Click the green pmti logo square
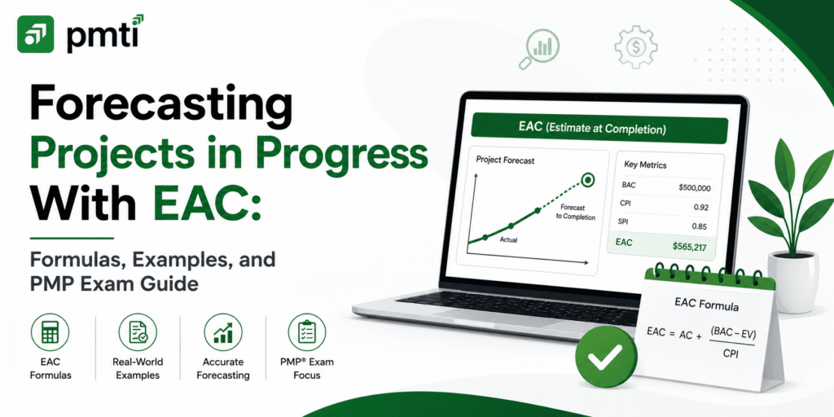click(x=35, y=34)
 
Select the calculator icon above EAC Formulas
click(x=50, y=332)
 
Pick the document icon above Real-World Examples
click(x=137, y=332)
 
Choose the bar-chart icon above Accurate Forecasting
click(x=223, y=332)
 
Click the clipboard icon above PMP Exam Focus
click(x=307, y=332)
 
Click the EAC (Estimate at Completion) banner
click(x=599, y=128)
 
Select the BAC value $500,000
click(x=695, y=187)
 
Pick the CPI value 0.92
click(x=700, y=207)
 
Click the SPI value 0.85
click(x=700, y=226)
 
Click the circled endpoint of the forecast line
click(x=587, y=181)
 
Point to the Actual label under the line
click(x=508, y=240)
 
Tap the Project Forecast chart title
click(x=505, y=160)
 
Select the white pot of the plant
click(x=792, y=282)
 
